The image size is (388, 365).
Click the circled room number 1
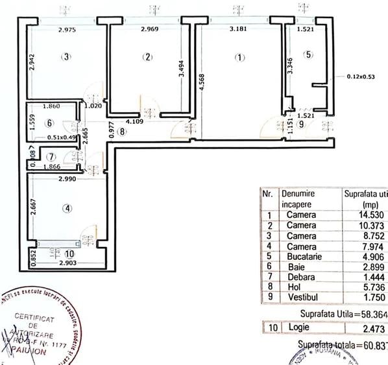click(x=240, y=57)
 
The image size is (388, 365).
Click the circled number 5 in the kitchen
click(x=308, y=54)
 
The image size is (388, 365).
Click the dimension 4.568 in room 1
click(x=204, y=84)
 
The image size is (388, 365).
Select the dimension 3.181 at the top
click(x=241, y=29)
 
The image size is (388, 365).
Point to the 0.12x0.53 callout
click(x=361, y=77)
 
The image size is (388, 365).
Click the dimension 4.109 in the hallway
click(x=134, y=121)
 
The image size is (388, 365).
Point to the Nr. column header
click(x=267, y=194)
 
